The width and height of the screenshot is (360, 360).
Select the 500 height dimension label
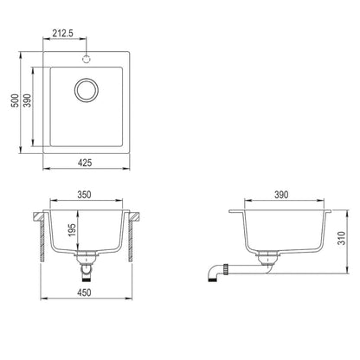coord(14,100)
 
